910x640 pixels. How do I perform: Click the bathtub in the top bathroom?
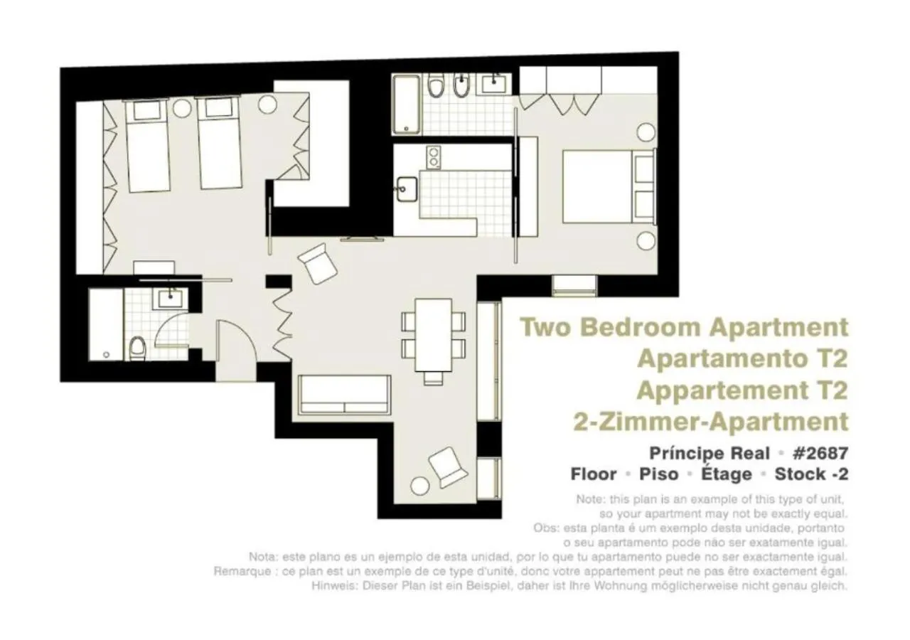click(x=407, y=105)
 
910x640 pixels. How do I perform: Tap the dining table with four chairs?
click(x=434, y=334)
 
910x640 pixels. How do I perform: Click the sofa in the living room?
click(x=345, y=395)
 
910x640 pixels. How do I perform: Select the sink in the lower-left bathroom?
click(x=171, y=299)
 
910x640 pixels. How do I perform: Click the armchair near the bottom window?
click(x=448, y=467)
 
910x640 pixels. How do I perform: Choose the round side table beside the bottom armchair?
click(x=421, y=486)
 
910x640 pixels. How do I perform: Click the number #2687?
click(x=819, y=453)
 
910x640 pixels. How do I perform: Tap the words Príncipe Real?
click(x=710, y=453)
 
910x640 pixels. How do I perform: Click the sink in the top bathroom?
click(x=493, y=84)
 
